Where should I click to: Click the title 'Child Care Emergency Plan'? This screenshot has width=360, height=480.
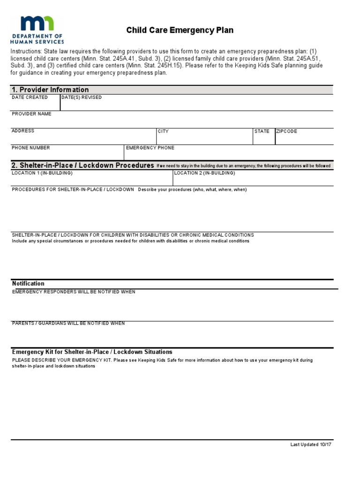[180, 30]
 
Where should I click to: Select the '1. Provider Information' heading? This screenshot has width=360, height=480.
[50, 90]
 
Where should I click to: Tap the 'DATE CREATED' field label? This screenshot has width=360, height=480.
[30, 97]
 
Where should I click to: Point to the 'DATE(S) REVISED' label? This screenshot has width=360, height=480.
[82, 97]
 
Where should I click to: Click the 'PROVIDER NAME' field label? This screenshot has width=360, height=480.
[31, 114]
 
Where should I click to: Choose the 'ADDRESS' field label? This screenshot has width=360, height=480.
[23, 131]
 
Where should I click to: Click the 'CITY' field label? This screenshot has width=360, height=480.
[163, 131]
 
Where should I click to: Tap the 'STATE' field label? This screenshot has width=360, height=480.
[262, 131]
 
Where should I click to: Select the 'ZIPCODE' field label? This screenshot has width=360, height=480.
[287, 131]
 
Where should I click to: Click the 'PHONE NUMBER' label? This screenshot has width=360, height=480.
[30, 148]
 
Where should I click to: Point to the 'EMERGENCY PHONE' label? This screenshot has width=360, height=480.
[150, 148]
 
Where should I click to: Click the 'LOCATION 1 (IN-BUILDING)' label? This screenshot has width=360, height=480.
[42, 173]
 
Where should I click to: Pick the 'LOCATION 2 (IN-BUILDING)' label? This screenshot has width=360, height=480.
[204, 173]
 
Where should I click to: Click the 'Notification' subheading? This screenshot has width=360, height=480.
[28, 284]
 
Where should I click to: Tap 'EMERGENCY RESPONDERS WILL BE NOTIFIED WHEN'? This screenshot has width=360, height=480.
[74, 292]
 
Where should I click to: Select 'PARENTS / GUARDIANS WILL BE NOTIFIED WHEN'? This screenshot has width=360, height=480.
[68, 323]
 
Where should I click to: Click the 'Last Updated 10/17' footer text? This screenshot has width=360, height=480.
[311, 445]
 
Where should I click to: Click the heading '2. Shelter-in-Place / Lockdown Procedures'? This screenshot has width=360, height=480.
[82, 165]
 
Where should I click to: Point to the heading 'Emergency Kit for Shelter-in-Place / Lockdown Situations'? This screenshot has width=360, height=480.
[92, 352]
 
